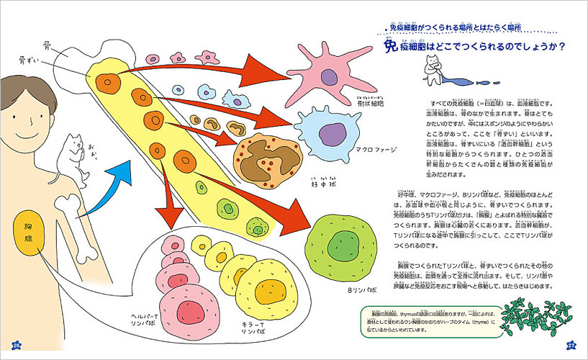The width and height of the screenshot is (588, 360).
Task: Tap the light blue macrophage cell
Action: pos(328,131)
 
